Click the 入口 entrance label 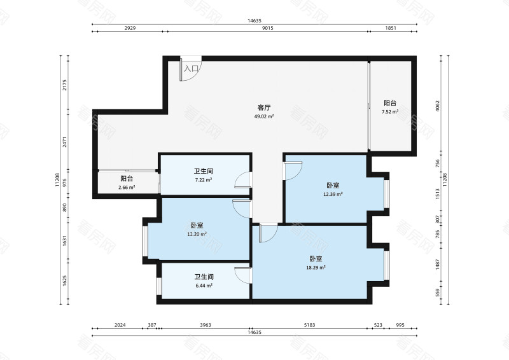coord(192,68)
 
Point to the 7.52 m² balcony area coord(390,112)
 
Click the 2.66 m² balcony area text coord(127,188)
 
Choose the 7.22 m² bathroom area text coord(203,180)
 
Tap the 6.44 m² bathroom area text coord(203,286)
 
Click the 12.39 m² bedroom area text coord(333,194)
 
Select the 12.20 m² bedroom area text coord(196,234)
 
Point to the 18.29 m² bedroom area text coord(316,268)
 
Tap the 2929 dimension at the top coord(130,29)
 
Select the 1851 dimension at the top coord(391,29)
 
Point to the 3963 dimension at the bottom coord(205,325)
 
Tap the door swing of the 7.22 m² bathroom coord(242,181)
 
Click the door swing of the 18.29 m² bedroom coord(268,233)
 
